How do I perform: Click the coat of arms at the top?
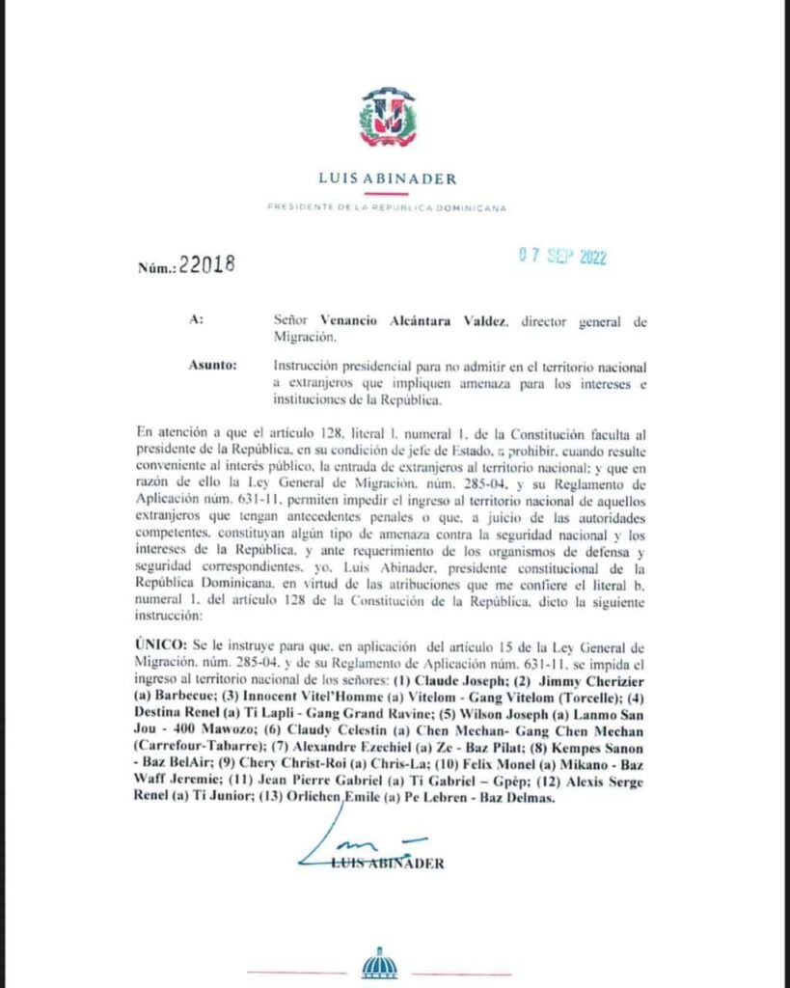click(x=388, y=119)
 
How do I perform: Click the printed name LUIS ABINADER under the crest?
click(x=387, y=178)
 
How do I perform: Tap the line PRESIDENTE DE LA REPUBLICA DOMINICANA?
click(x=387, y=207)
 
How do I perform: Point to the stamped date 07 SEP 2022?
click(x=561, y=258)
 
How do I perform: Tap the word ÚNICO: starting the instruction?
click(x=167, y=645)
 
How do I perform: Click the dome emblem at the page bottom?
click(x=379, y=965)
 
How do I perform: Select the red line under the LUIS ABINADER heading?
click(x=387, y=192)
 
